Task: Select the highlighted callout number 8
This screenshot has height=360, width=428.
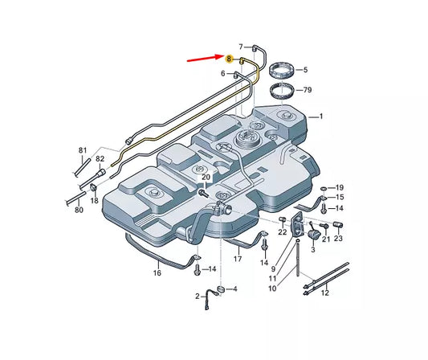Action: tap(230, 59)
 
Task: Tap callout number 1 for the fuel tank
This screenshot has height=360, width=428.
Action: tap(321, 116)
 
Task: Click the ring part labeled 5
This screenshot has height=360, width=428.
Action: tap(283, 69)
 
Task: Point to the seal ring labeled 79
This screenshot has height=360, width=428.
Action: tap(283, 90)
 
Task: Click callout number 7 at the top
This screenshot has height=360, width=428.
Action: tap(240, 47)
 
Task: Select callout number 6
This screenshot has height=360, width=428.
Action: tap(224, 73)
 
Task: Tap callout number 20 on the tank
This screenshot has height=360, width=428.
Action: tap(206, 177)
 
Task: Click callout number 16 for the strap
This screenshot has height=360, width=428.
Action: tap(157, 273)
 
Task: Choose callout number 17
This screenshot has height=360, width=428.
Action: tap(238, 259)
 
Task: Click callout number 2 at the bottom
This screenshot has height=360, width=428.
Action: tap(197, 297)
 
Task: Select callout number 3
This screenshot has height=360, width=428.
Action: tap(312, 250)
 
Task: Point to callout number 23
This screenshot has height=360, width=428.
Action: tap(338, 238)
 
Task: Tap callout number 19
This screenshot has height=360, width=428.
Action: tap(340, 186)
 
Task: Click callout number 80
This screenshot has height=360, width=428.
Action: tap(79, 211)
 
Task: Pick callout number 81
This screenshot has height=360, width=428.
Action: tap(83, 150)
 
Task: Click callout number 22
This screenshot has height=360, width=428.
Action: tap(282, 232)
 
